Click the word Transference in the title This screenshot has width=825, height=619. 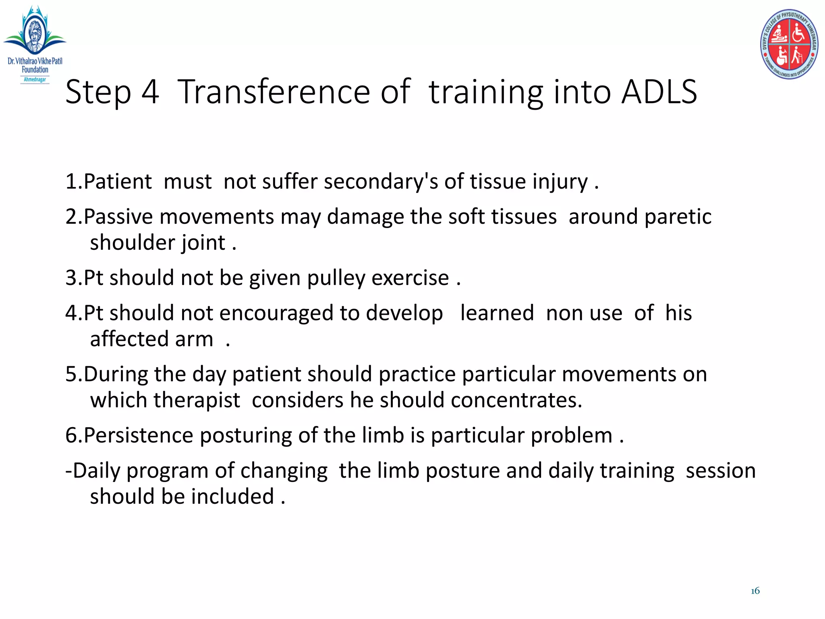(x=274, y=92)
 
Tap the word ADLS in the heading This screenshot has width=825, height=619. (x=659, y=92)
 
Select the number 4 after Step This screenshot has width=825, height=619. (x=150, y=92)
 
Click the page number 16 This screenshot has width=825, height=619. (x=755, y=591)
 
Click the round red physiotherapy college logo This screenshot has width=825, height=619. (x=789, y=44)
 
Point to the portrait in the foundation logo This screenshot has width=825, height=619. (x=34, y=33)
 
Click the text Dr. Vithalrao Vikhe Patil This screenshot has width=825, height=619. (x=35, y=61)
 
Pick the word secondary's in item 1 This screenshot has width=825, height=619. (x=381, y=181)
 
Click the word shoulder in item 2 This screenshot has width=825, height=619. (x=132, y=243)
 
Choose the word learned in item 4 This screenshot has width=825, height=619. (x=497, y=313)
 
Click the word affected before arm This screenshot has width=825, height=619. (x=129, y=339)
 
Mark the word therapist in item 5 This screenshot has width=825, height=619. (x=197, y=400)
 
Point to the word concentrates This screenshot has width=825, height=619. (x=516, y=400)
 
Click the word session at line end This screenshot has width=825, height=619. (x=720, y=471)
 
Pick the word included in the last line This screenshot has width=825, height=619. (x=232, y=496)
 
